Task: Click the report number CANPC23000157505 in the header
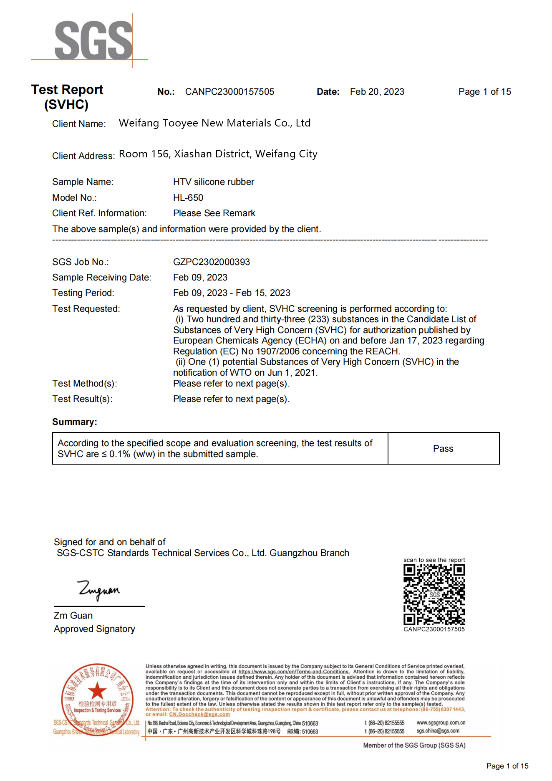pos(229,92)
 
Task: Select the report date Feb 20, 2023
pos(377,92)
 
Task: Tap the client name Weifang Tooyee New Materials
pos(214,123)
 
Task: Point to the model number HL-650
pos(188,198)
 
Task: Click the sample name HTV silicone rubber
pos(214,182)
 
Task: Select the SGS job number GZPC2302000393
pos(212,262)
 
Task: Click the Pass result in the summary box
pos(443,449)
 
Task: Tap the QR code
pos(434,594)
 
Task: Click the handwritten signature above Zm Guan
pos(99,590)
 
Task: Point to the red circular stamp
pos(97,700)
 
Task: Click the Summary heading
pos(75,422)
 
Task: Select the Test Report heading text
pos(67,90)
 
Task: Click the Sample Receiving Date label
pos(102,278)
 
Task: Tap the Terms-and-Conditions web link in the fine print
pos(294,672)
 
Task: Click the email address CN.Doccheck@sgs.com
pos(199,714)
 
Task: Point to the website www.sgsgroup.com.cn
pos(441,723)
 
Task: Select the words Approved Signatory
pos(94,629)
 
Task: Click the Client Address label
pos(83,156)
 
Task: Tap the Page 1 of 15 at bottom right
pos(507,766)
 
